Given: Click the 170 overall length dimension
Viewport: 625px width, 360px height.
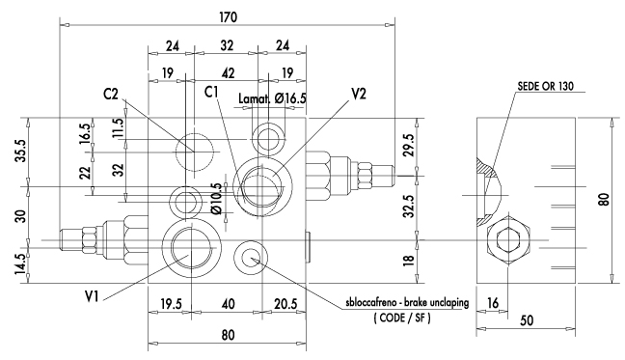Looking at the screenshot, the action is [228, 17].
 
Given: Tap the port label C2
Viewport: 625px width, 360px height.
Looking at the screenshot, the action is [111, 94].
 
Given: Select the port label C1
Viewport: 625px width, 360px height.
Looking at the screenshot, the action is [211, 92].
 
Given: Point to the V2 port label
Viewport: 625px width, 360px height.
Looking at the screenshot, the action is [359, 94].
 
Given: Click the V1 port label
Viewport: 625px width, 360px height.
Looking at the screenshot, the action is [92, 295].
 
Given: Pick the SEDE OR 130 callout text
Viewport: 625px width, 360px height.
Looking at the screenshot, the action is [545, 86].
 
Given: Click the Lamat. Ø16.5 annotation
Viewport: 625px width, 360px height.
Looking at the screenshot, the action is [272, 98].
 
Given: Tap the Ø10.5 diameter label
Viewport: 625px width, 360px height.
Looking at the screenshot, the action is [216, 199].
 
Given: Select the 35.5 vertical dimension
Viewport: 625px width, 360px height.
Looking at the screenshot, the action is [20, 151].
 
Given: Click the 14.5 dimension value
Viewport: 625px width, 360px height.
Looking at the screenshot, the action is [20, 263].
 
